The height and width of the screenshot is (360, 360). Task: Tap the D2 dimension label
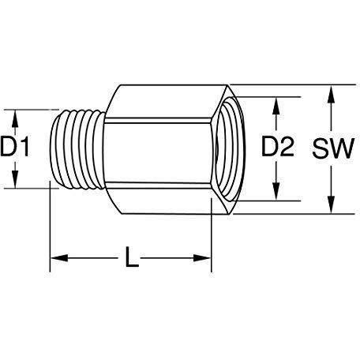[278, 147]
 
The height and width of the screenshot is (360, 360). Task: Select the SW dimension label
[333, 148]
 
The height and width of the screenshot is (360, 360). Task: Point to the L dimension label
[131, 257]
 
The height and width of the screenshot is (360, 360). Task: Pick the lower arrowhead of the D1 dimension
[15, 180]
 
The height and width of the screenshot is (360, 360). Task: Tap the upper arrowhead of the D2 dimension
[276, 106]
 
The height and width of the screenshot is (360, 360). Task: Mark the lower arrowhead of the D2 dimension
[276, 192]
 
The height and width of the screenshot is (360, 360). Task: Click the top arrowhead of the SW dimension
[332, 93]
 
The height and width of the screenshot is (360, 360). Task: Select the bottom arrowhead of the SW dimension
[332, 204]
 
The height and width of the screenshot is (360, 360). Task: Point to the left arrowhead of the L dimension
[59, 258]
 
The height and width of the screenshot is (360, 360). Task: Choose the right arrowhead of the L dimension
[202, 258]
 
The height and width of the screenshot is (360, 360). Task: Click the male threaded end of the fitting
[77, 149]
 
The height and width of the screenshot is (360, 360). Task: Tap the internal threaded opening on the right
[230, 149]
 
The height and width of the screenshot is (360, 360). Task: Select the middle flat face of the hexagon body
[158, 152]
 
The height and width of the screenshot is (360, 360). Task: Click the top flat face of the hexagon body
[166, 102]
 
